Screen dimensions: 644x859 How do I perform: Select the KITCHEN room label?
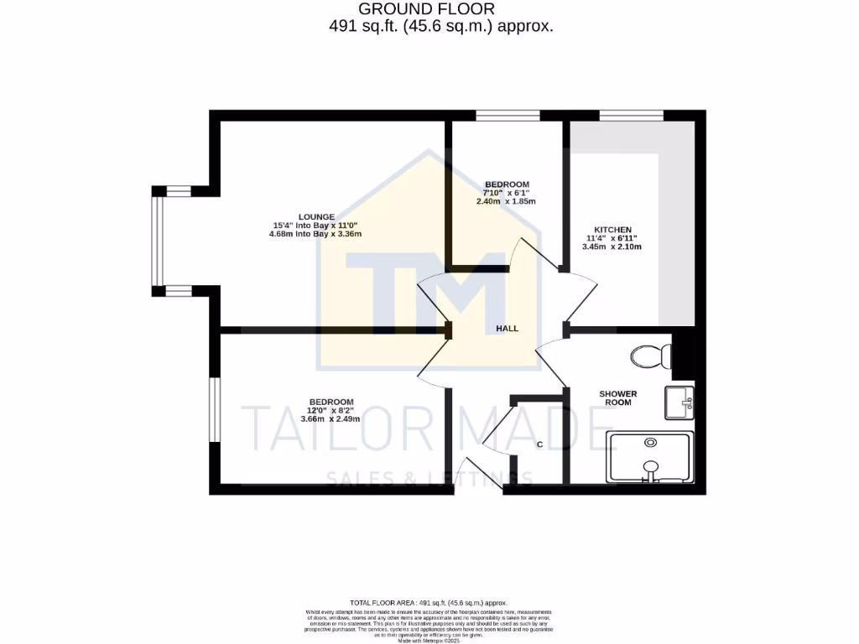tap(613, 229)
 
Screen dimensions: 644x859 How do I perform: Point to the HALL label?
tap(507, 329)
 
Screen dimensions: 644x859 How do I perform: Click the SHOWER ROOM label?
tap(617, 397)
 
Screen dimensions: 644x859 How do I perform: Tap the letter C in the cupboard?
tap(539, 444)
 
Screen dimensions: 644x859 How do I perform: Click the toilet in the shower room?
tap(650, 357)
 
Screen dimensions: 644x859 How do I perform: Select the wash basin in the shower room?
tap(679, 402)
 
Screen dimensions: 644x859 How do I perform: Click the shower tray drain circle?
tap(650, 442)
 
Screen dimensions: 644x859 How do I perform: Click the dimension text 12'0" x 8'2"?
tap(331, 410)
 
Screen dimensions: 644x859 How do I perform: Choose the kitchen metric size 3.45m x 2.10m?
tap(613, 247)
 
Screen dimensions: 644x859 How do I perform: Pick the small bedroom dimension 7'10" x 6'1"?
tap(507, 193)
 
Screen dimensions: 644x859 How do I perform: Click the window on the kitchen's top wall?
tap(632, 115)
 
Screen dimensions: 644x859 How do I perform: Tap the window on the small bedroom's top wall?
tap(508, 115)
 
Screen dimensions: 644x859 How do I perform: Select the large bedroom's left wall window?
tap(215, 409)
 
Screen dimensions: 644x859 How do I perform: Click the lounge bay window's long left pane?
tap(155, 241)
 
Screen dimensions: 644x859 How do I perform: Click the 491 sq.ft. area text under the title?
tap(440, 26)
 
